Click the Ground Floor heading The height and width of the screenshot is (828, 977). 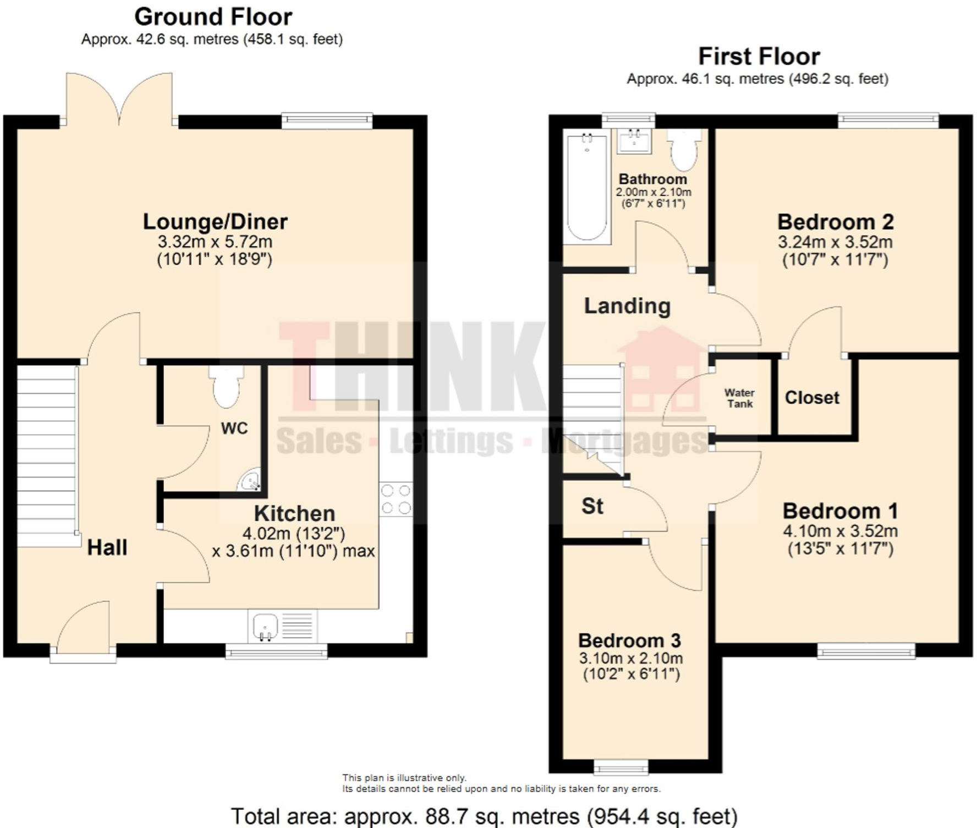(x=213, y=17)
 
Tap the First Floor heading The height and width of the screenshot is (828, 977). (x=759, y=57)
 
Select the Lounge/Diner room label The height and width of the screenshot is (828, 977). (x=215, y=222)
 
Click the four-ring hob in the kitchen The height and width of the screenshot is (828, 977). (x=396, y=499)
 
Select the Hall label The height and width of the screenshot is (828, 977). (x=107, y=547)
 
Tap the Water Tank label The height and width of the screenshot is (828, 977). (x=739, y=398)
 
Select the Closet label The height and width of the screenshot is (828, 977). (x=812, y=398)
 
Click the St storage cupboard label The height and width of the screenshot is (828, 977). (x=592, y=506)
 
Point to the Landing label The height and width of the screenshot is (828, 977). (x=627, y=306)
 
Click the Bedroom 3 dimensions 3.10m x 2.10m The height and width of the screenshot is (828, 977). (x=630, y=658)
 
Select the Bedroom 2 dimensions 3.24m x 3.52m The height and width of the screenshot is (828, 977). (x=835, y=242)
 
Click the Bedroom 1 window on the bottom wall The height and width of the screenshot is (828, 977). (x=866, y=651)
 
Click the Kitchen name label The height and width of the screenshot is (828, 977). (x=294, y=513)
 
